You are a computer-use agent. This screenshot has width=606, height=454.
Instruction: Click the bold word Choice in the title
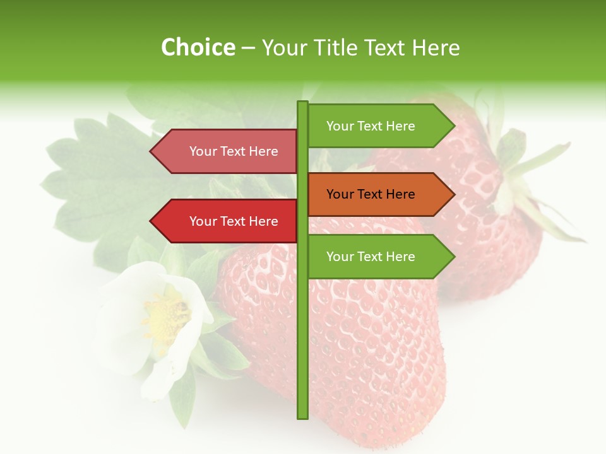pyautogui.click(x=198, y=48)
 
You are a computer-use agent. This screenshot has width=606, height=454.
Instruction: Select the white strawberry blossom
pyautogui.click(x=151, y=328)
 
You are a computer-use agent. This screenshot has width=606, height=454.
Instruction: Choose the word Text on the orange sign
pyautogui.click(x=371, y=194)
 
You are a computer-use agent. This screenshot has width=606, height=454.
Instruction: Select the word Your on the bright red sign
pyautogui.click(x=203, y=221)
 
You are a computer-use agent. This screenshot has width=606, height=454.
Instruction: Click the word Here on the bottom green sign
pyautogui.click(x=400, y=257)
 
